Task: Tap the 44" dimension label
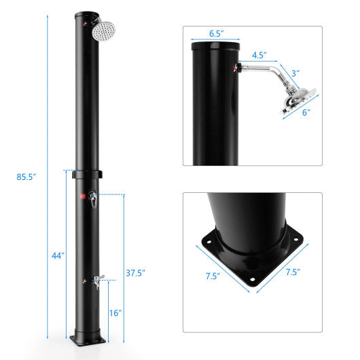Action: click(58, 255)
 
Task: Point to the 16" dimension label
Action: click(115, 313)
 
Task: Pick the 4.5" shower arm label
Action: click(259, 55)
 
